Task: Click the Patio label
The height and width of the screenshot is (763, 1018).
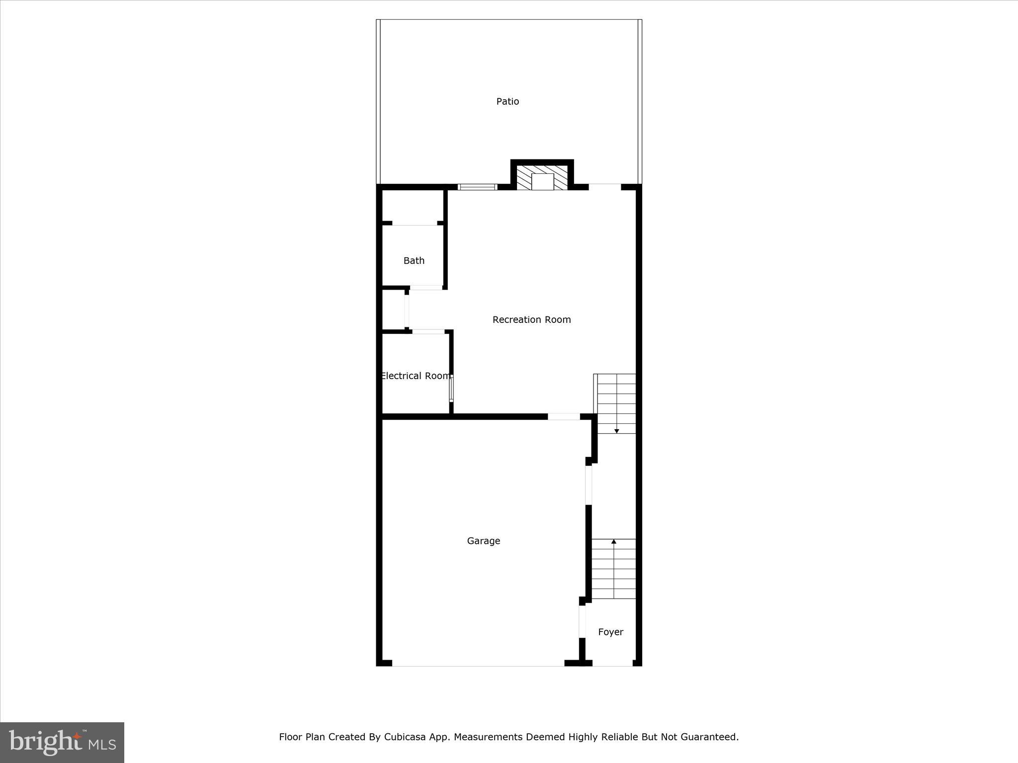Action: tap(508, 101)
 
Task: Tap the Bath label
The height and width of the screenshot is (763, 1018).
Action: tap(414, 260)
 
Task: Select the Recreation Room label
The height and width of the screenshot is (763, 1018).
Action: tap(531, 319)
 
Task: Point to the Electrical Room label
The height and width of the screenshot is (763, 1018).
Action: tap(416, 376)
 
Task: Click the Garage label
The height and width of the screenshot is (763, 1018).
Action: tap(483, 540)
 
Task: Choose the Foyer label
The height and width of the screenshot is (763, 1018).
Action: tap(610, 632)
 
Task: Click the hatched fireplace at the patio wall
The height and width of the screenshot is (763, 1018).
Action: tap(542, 178)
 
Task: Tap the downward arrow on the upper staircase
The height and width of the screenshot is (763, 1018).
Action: tap(617, 430)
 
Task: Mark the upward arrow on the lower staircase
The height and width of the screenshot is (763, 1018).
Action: tap(614, 542)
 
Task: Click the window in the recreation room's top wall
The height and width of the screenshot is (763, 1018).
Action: tap(477, 187)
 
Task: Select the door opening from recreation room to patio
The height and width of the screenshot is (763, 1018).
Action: tap(605, 187)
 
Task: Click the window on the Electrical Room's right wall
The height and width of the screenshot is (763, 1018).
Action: tap(451, 389)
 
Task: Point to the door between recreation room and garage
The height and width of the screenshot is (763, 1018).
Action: tap(564, 417)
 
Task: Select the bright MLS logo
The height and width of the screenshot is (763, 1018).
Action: tap(62, 742)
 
